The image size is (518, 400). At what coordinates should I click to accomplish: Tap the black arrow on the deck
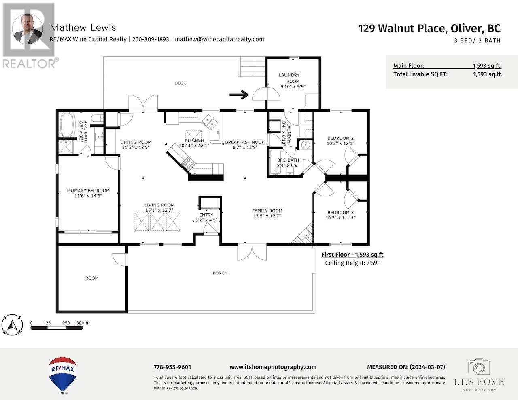tap(239, 95)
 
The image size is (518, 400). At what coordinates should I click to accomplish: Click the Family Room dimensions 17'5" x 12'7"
tap(267, 216)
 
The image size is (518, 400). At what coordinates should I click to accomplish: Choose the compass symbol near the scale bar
tap(13, 325)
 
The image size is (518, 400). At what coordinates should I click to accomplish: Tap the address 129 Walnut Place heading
tap(429, 29)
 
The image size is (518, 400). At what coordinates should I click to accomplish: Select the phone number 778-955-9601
tap(172, 367)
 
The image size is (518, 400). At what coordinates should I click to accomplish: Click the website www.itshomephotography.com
tap(273, 367)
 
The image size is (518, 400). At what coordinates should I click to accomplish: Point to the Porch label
tap(220, 273)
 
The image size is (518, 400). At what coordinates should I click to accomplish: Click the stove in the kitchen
tap(189, 163)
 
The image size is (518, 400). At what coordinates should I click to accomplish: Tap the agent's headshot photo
tap(28, 29)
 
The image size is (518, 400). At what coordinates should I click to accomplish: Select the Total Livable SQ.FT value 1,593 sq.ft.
tap(487, 74)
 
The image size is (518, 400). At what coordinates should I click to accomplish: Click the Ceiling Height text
tap(352, 263)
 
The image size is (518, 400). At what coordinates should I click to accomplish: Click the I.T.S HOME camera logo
tap(479, 367)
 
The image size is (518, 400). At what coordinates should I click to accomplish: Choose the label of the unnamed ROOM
tap(92, 278)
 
